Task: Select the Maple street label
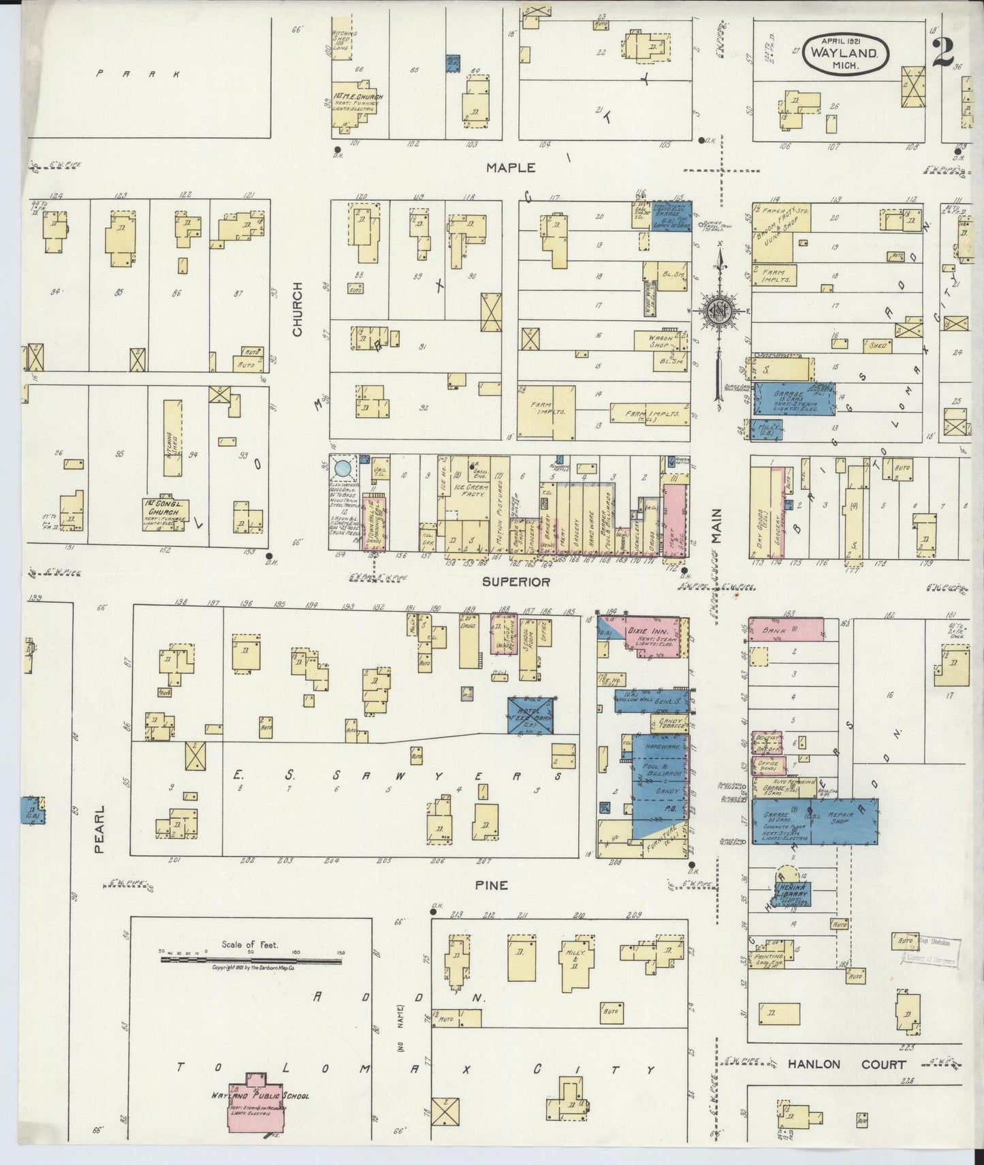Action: [x=511, y=167]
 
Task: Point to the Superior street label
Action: [x=515, y=582]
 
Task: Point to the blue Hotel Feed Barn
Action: [x=532, y=715]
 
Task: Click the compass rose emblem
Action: [x=718, y=311]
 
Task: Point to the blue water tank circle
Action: [x=344, y=468]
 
